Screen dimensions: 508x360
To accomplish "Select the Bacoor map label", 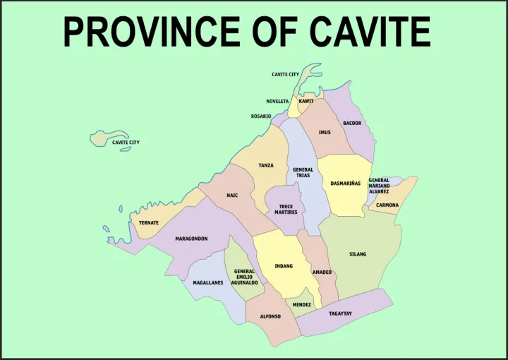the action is (x=352, y=124).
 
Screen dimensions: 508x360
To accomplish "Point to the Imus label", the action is (x=324, y=132).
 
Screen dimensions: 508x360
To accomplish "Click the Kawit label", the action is (x=306, y=101).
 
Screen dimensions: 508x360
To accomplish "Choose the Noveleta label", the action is (x=277, y=101).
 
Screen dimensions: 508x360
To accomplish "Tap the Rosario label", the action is (x=261, y=116).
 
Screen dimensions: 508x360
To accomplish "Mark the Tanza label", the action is (x=266, y=165).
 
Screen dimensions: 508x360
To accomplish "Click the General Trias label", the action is (x=303, y=172).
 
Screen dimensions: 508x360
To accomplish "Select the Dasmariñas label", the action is (x=346, y=184).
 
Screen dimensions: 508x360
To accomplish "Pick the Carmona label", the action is (x=387, y=205).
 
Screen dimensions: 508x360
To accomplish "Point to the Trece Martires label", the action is (x=286, y=209).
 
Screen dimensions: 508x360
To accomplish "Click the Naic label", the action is (x=232, y=196).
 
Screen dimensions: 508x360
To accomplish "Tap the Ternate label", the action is (x=149, y=223).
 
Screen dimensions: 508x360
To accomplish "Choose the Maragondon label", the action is (x=191, y=239).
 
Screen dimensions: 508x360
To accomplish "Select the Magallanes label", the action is (x=208, y=282).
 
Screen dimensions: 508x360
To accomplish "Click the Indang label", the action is (x=284, y=266).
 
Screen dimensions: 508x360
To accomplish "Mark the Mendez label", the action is (x=302, y=305).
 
